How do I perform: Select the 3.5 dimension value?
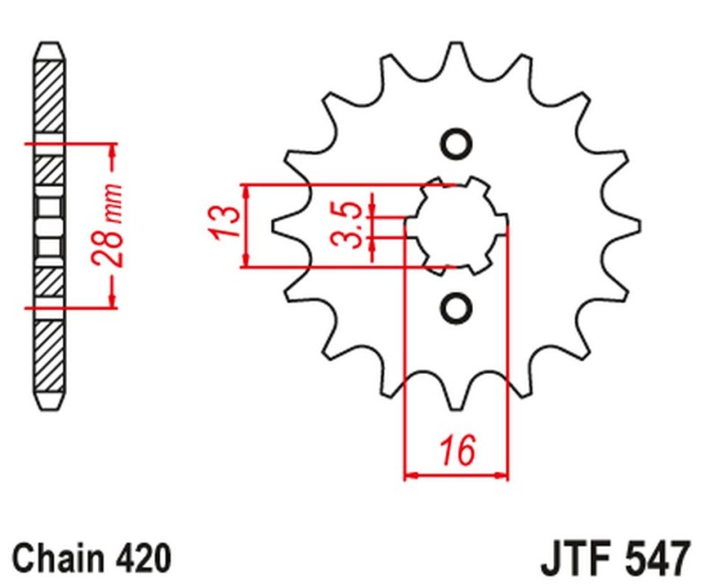(x=349, y=225)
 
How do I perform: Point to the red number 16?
(x=456, y=450)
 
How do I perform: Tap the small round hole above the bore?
(x=456, y=143)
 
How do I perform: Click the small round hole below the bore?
(x=456, y=307)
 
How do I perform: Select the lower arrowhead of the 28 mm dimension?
(x=112, y=300)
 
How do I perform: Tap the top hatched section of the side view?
(x=49, y=97)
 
